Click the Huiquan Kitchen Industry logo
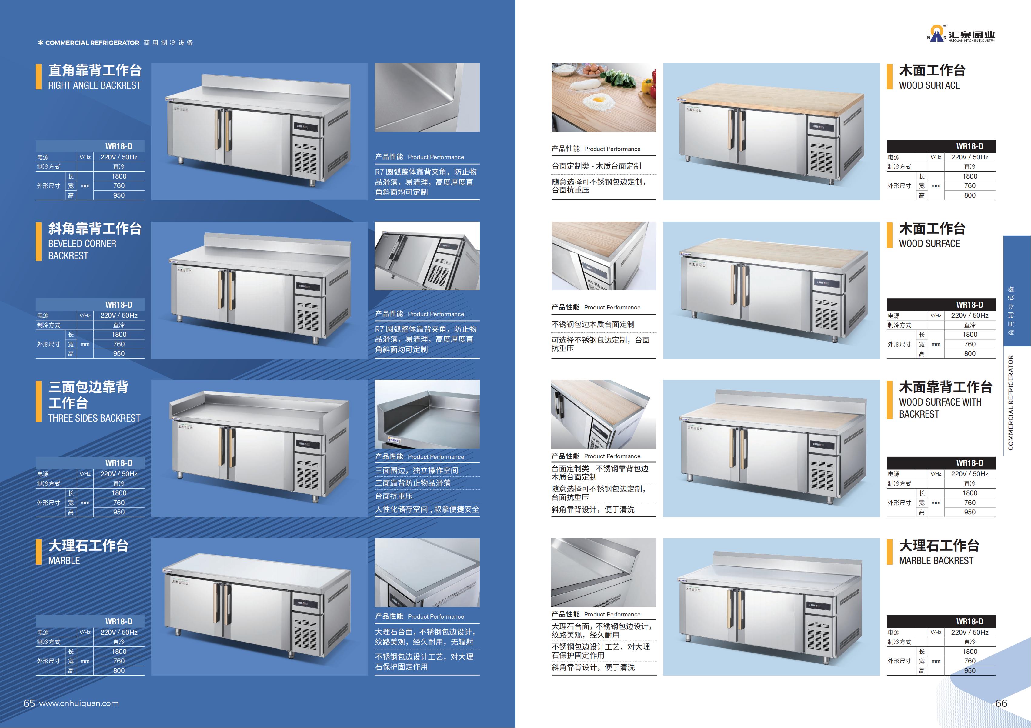point(961,34)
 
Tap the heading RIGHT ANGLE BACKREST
point(94,85)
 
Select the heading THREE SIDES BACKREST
point(94,418)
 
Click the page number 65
point(29,703)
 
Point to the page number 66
point(1001,703)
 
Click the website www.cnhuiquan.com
point(79,703)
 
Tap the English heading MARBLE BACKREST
point(936,560)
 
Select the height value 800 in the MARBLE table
point(119,670)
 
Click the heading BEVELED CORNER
point(82,243)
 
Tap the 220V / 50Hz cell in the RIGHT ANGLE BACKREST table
point(119,157)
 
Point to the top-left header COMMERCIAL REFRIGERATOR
point(92,43)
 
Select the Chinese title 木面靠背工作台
point(946,387)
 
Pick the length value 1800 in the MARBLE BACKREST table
point(970,651)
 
